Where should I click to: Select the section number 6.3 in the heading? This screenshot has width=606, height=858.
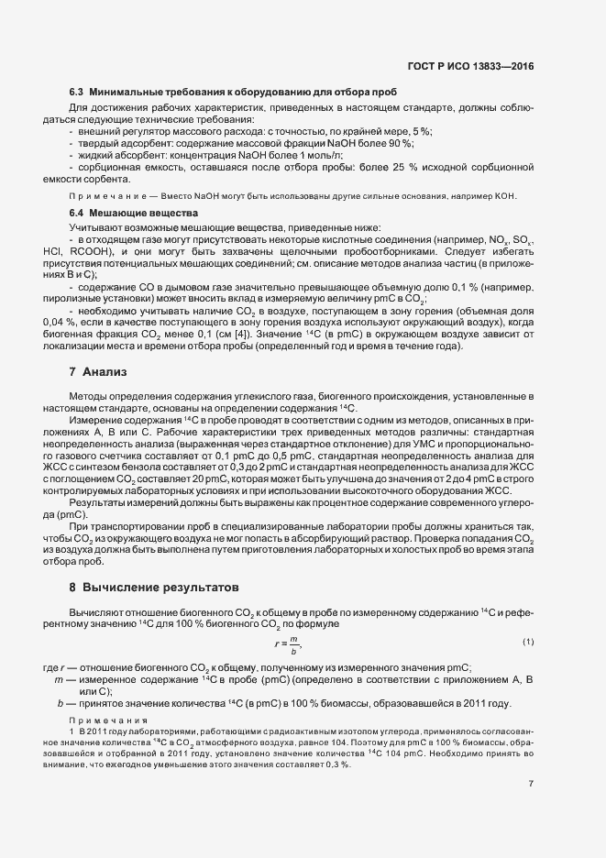76,93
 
